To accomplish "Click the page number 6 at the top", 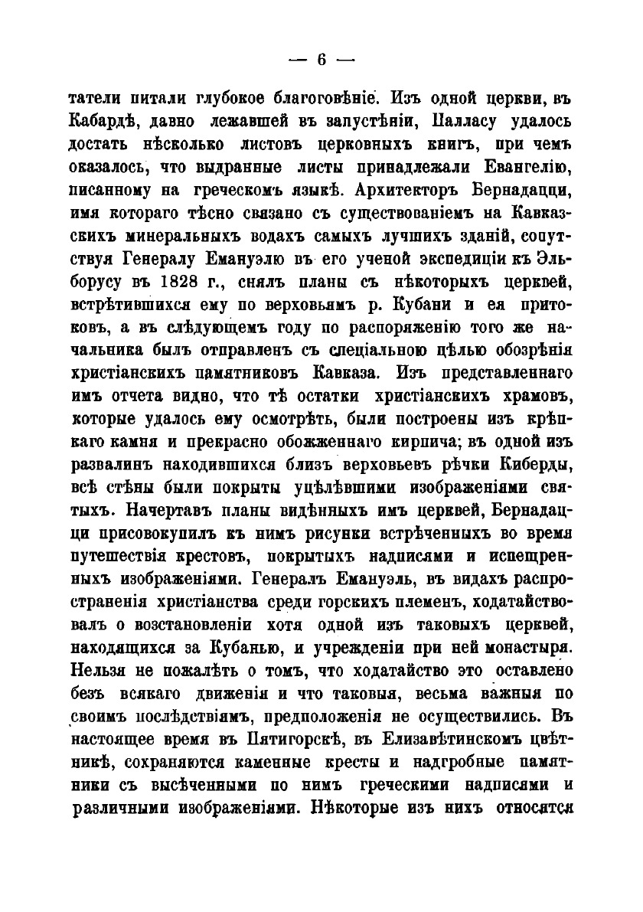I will tap(321, 59).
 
